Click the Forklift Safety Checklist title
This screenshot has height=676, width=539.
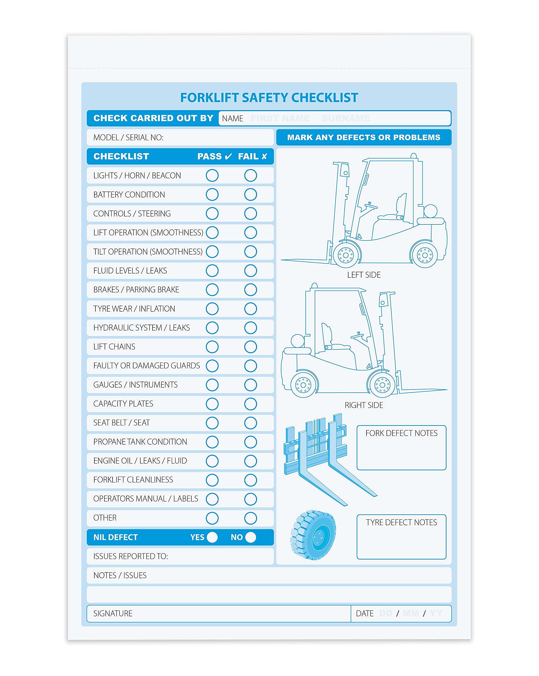[269, 97]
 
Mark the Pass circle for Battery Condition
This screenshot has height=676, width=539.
[212, 194]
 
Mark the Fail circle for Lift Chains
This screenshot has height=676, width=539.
[250, 346]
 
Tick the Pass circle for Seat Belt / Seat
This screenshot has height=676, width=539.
[212, 423]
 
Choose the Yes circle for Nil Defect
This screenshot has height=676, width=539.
[212, 537]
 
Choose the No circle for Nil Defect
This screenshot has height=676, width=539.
[250, 537]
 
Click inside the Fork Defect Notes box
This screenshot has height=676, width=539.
[401, 452]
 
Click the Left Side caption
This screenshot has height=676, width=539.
[364, 275]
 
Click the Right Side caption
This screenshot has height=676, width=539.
[364, 405]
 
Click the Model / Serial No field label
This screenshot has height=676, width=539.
[128, 137]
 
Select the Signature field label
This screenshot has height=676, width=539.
[113, 613]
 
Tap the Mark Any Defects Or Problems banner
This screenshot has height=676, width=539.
[364, 137]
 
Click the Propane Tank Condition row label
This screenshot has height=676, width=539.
[140, 442]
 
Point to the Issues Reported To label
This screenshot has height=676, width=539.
[131, 556]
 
